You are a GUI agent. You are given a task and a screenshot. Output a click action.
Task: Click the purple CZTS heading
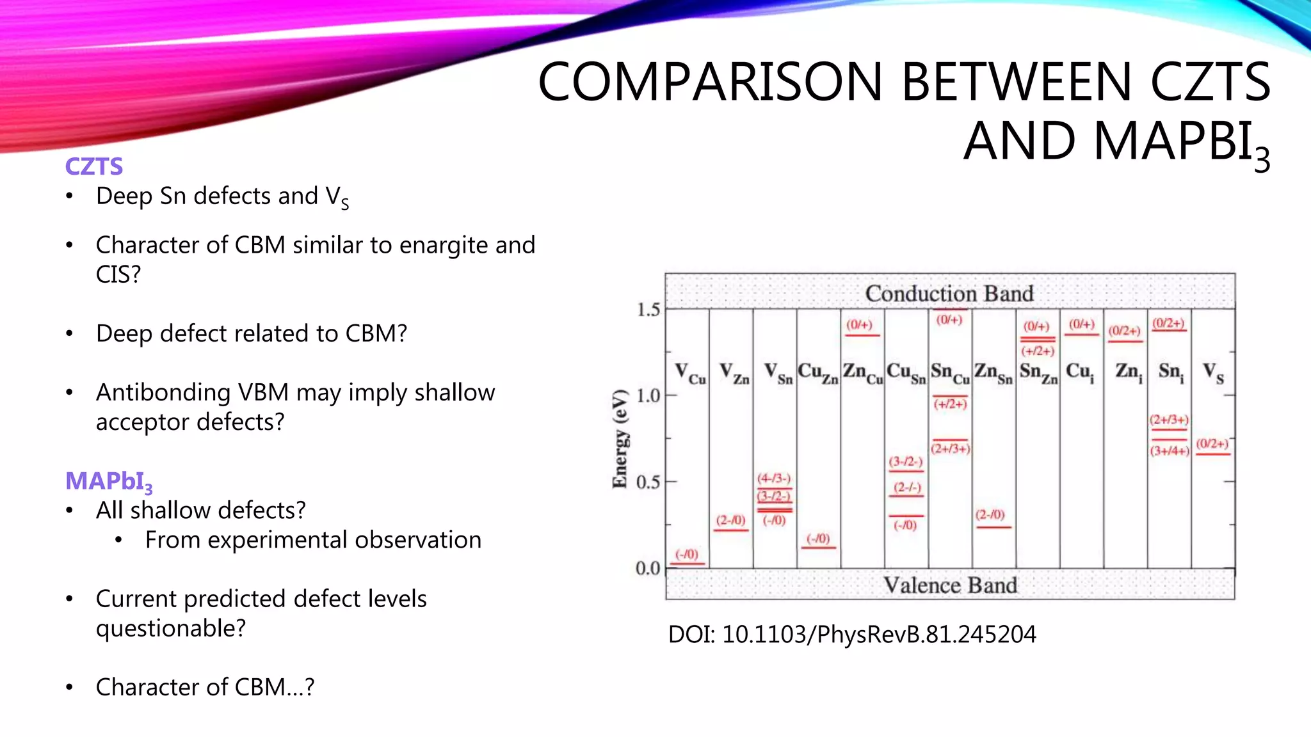[x=94, y=166]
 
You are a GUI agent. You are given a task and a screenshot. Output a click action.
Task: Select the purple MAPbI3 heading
[x=109, y=481]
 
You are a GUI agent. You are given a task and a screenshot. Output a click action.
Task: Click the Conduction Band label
[x=949, y=294]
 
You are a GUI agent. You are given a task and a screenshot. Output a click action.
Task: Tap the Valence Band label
[x=950, y=585]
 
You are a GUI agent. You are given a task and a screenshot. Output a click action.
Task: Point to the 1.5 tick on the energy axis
[x=648, y=310]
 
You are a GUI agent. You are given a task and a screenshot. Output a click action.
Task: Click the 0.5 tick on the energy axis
[x=648, y=482]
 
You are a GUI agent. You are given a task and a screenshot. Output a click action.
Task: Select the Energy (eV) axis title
[x=620, y=439]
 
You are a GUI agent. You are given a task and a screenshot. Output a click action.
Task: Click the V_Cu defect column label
[x=689, y=373]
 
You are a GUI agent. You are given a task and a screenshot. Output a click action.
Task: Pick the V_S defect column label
[x=1213, y=373]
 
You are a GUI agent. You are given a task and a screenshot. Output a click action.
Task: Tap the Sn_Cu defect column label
[x=950, y=373]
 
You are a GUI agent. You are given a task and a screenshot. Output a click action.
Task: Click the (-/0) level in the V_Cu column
[x=688, y=555]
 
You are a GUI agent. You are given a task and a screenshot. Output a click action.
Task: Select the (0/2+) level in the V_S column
[x=1212, y=444]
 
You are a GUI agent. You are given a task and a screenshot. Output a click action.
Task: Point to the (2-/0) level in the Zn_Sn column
[x=990, y=515]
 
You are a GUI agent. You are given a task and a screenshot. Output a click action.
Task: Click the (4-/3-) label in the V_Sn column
[x=774, y=479]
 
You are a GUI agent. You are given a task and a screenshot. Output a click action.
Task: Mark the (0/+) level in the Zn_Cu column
[x=860, y=325]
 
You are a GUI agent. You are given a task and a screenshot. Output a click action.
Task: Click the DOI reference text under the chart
[x=851, y=635]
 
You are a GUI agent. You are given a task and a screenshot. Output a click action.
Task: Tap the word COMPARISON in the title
[x=711, y=82]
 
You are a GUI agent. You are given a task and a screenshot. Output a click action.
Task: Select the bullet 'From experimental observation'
[x=313, y=540]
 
